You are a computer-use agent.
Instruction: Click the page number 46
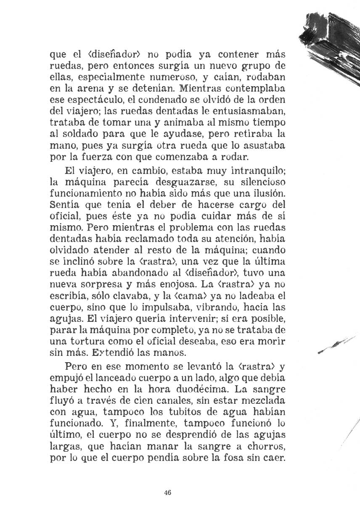168,493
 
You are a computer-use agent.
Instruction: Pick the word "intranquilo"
252,171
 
